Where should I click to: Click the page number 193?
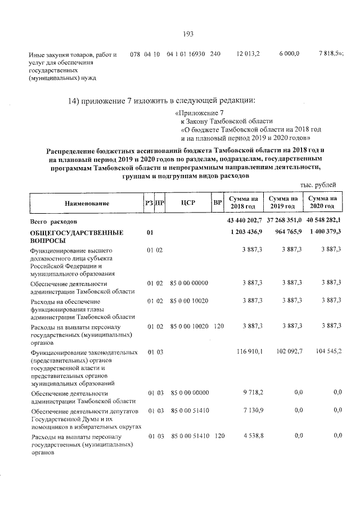(x=188, y=34)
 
